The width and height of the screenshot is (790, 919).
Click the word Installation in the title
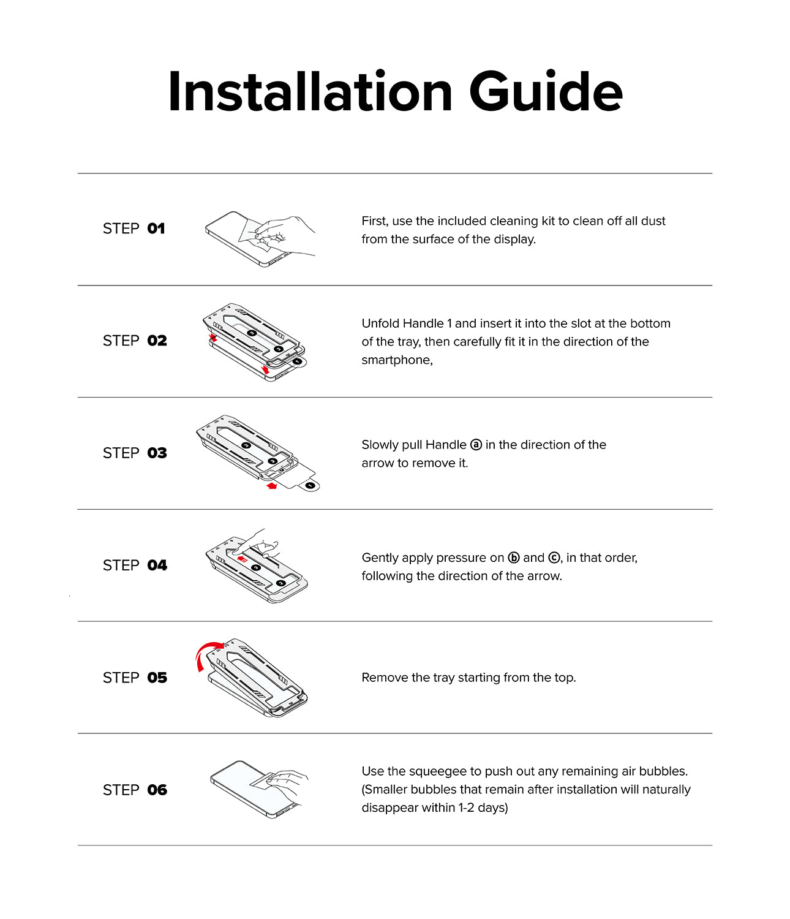310,92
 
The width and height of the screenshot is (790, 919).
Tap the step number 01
156,229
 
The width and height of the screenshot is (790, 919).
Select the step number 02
157,341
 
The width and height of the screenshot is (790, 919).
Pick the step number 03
157,453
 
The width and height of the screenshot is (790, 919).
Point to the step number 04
157,565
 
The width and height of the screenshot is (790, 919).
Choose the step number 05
157,678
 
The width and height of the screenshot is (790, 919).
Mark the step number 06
157,790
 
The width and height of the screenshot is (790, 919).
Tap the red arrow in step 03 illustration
272,486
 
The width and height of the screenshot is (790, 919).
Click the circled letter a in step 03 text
476,445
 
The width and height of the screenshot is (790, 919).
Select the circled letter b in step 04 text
514,558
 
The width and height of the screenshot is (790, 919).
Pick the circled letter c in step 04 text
554,558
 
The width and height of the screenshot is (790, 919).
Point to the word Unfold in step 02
380,323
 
